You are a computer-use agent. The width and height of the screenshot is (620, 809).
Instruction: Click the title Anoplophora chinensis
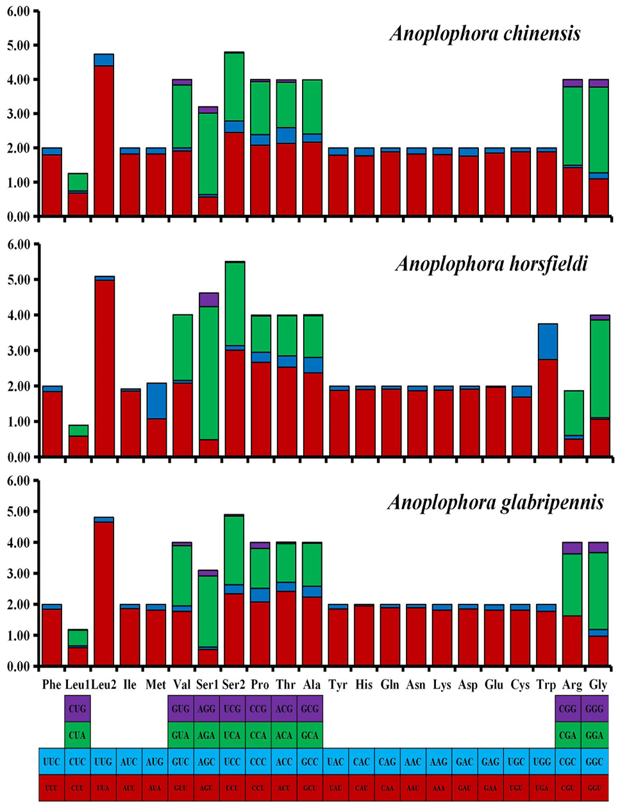coord(485,34)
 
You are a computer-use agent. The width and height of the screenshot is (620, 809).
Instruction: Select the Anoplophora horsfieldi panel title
coord(491,265)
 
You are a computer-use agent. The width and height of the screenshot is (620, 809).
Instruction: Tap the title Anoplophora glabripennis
coord(496,502)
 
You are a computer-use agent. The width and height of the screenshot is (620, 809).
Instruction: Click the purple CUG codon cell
coord(78,708)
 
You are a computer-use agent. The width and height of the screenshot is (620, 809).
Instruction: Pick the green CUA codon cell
coord(78,735)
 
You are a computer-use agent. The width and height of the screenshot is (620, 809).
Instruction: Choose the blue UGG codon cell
coord(542,762)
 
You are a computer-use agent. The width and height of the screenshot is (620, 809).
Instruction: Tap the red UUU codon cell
coord(52,788)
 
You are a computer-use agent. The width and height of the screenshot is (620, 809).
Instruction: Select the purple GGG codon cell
coord(594,708)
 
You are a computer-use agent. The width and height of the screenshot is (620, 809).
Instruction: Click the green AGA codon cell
coord(206,735)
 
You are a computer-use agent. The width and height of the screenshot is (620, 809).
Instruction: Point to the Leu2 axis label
coord(104,684)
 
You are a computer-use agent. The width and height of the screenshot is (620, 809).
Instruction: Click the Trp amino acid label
coord(546,685)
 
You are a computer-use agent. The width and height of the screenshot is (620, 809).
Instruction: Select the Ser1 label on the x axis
coord(207,684)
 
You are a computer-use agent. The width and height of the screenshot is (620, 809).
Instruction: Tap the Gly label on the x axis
coord(598,685)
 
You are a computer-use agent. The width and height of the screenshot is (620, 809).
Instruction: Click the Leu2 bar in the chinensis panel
coord(104,135)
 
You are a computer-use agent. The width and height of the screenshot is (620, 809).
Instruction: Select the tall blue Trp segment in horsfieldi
coord(548,341)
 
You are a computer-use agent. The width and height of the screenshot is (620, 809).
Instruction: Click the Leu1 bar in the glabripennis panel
coord(78,647)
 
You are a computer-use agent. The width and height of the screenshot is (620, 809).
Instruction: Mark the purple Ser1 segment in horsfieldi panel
coord(209,300)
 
